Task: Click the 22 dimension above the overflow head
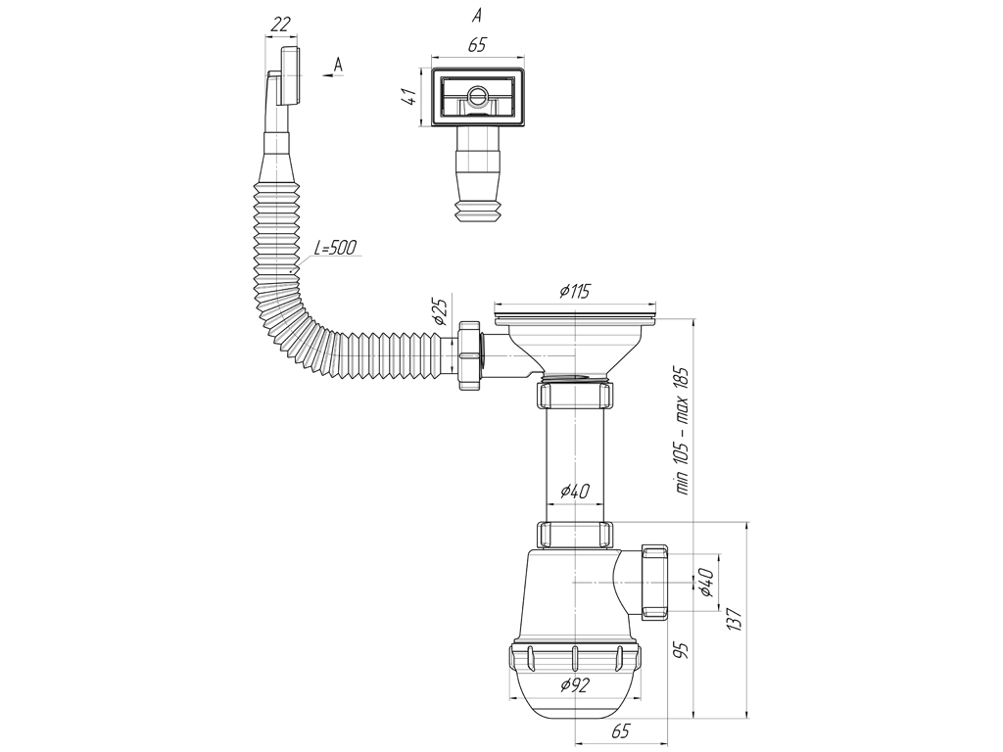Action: click(x=280, y=24)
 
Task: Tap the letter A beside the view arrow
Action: click(x=338, y=64)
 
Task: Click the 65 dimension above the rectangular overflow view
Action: click(x=477, y=45)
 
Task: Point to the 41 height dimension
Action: click(x=410, y=97)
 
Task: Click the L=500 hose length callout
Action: click(x=335, y=248)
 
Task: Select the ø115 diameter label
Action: click(x=574, y=291)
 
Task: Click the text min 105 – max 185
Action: click(x=682, y=431)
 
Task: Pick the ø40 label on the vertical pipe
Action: click(x=574, y=492)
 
